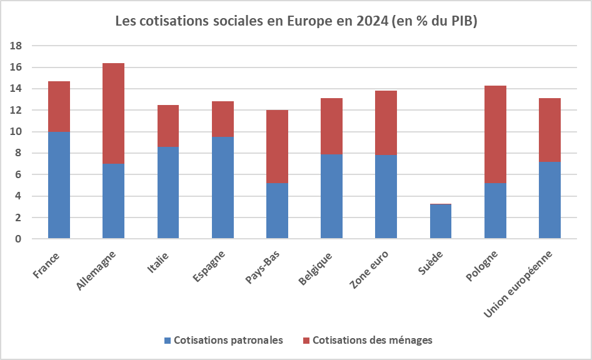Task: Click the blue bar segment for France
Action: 59,185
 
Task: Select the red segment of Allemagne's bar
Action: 113,113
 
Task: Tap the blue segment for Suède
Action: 440,221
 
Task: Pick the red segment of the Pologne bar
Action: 495,134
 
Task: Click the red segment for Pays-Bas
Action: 277,146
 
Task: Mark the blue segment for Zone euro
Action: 386,196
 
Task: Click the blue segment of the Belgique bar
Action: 331,196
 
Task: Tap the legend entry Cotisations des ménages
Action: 372,340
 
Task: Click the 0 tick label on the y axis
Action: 19,239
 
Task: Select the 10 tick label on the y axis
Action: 17,132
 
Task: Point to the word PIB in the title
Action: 462,21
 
